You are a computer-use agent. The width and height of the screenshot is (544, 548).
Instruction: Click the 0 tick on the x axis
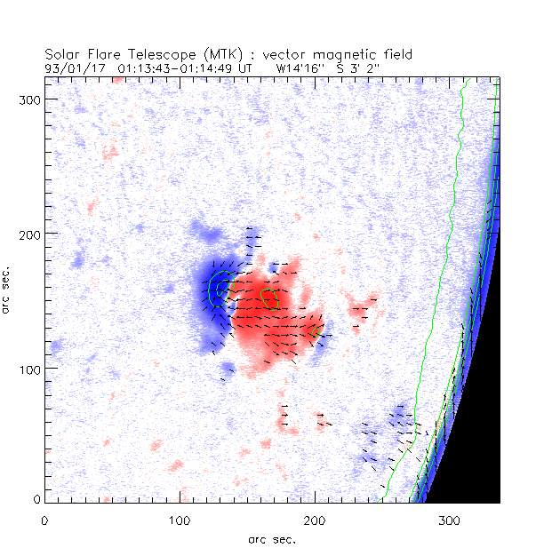click(44, 517)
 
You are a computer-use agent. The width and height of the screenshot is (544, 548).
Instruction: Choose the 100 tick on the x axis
click(179, 517)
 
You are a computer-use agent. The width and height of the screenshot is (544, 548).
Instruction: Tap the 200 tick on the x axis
click(314, 517)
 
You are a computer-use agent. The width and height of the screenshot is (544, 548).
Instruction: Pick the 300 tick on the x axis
click(448, 517)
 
